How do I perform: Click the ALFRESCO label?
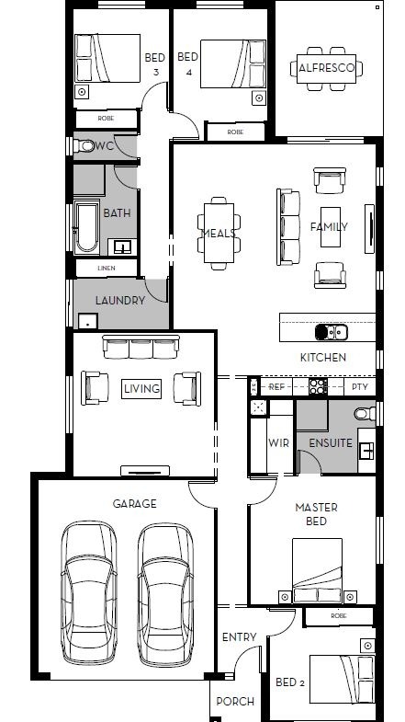(326, 68)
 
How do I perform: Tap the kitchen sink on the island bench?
(331, 331)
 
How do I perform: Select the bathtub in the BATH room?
(87, 227)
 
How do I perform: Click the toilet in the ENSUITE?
(365, 413)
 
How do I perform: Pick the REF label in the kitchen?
(276, 387)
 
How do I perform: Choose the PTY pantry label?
(360, 387)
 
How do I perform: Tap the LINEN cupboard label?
(107, 268)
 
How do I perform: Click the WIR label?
(278, 443)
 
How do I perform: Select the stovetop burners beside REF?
(318, 387)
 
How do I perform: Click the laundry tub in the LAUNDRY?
(88, 321)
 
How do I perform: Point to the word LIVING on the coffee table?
(142, 388)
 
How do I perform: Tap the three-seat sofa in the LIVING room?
(141, 347)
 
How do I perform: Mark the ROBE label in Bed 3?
(107, 119)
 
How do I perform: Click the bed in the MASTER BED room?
(317, 570)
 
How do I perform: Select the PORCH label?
(235, 701)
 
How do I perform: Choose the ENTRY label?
(239, 637)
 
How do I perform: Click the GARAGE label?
(135, 504)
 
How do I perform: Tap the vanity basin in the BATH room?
(122, 247)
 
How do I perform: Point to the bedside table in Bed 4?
(259, 98)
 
